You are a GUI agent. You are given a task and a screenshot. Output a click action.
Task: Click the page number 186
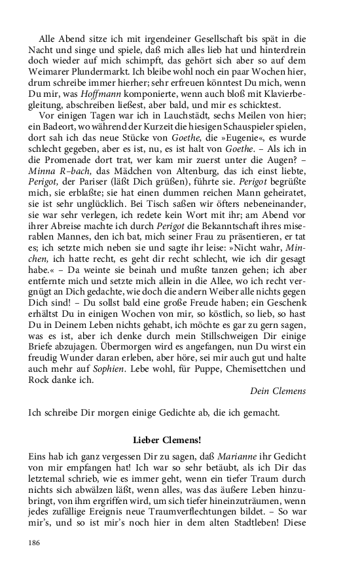click(x=35, y=543)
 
